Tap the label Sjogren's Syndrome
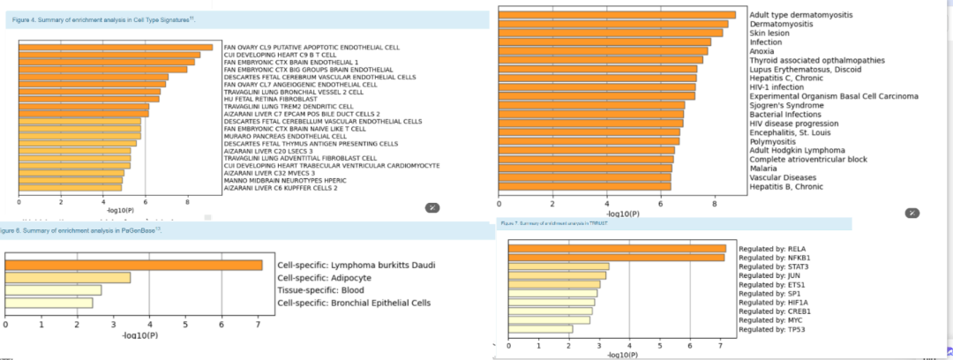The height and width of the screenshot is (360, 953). point(785,105)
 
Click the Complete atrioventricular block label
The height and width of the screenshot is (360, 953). point(807,159)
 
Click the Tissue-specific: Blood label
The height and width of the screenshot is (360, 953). point(320,290)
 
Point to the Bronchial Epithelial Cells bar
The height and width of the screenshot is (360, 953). point(49,304)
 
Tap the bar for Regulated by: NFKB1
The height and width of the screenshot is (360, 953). point(616,258)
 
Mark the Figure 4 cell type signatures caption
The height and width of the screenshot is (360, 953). point(106,19)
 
